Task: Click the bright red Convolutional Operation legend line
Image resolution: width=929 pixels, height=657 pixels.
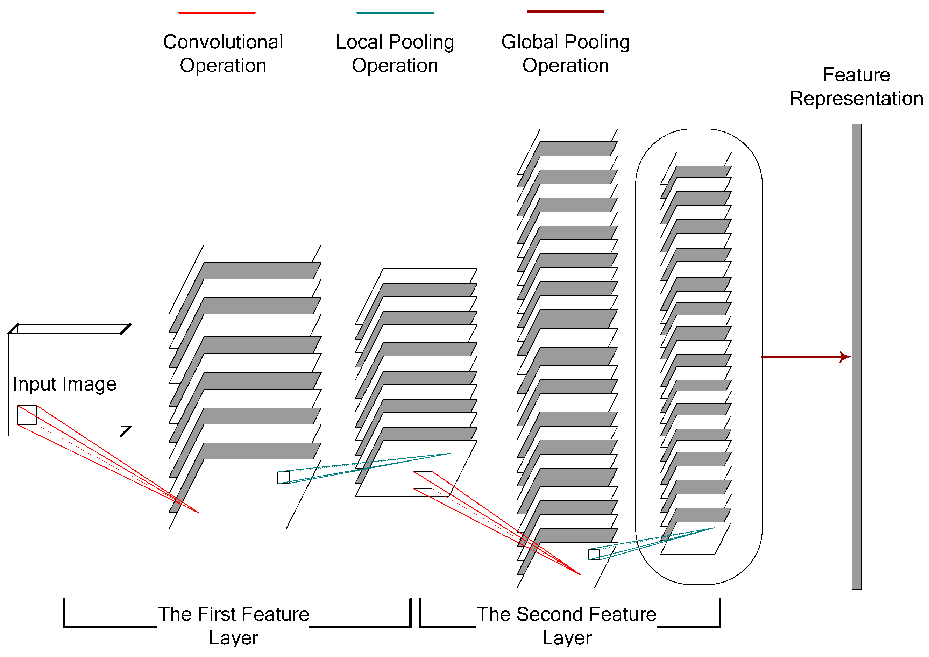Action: click(217, 13)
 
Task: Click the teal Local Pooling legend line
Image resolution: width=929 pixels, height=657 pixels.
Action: click(395, 13)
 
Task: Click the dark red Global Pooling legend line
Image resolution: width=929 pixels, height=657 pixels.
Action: click(565, 11)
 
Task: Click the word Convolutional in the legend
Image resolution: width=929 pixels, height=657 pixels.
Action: click(223, 42)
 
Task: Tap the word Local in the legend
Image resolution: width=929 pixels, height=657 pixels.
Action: click(359, 42)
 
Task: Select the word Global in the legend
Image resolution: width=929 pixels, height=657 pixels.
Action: click(530, 42)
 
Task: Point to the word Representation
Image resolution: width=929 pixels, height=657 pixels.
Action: click(856, 99)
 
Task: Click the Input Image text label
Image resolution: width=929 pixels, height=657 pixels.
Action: click(64, 384)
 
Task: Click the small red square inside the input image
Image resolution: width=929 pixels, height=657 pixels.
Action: click(27, 415)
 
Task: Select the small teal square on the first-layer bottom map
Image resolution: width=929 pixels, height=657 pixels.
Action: click(284, 477)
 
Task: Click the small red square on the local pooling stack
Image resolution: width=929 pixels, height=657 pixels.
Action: click(423, 480)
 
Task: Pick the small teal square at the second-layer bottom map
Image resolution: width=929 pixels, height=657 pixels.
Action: click(594, 554)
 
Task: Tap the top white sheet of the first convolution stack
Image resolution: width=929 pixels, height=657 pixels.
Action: click(259, 253)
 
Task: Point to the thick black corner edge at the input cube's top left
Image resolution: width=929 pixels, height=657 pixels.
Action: click(13, 329)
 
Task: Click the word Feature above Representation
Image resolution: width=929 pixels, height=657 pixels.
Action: click(856, 75)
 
